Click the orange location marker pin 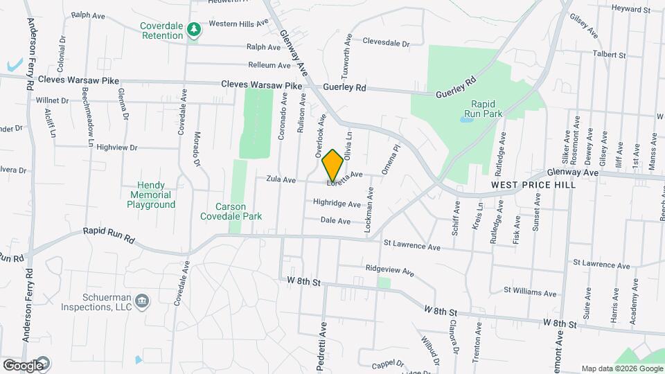tap(332, 165)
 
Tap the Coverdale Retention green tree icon tap(195, 28)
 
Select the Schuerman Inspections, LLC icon tap(142, 300)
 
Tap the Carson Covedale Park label tap(231, 211)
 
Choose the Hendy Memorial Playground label tap(152, 195)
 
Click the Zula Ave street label tap(281, 179)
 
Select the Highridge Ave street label tap(337, 204)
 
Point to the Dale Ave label tap(335, 221)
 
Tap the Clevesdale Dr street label tap(386, 43)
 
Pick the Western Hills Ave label tap(238, 23)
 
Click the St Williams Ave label tap(530, 292)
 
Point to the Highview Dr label tap(117, 148)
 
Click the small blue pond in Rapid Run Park tap(466, 119)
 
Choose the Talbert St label tap(609, 55)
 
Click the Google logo tap(23, 365)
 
